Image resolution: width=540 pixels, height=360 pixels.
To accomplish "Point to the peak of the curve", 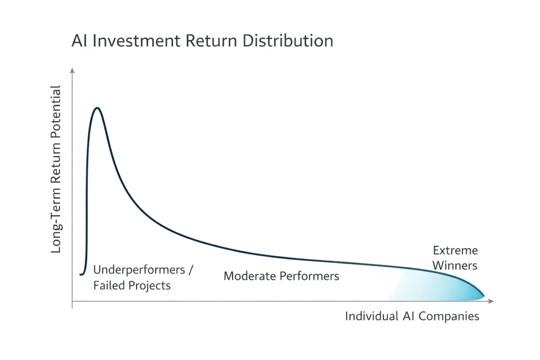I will (x=97, y=108).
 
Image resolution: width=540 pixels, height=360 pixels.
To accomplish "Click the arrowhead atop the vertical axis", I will (x=72, y=70).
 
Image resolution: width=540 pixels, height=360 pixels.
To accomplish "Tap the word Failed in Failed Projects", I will (x=108, y=286).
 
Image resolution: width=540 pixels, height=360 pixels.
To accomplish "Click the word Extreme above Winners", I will (x=455, y=250).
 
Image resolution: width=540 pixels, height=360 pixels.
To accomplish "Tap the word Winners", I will (x=455, y=265).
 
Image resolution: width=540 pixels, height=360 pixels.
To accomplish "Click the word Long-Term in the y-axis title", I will (x=56, y=221).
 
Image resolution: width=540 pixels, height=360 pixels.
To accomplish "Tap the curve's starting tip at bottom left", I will (x=81, y=274).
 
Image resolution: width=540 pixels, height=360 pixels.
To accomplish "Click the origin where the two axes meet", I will (x=72, y=301).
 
